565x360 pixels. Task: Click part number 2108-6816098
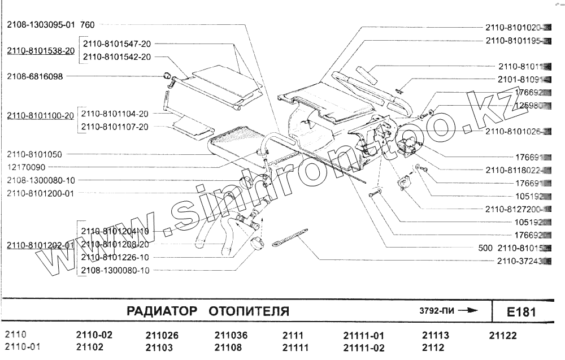pyautogui.click(x=35, y=76)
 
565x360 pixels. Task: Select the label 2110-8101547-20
pyautogui.click(x=117, y=44)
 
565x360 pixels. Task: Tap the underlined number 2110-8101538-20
pyautogui.click(x=41, y=51)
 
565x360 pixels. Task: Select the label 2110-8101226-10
pyautogui.click(x=115, y=257)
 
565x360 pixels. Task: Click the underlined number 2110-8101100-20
pyautogui.click(x=41, y=115)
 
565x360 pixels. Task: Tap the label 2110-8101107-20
pyautogui.click(x=115, y=127)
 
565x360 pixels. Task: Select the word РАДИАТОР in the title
pyautogui.click(x=162, y=311)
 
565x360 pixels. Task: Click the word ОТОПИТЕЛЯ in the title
pyautogui.click(x=249, y=311)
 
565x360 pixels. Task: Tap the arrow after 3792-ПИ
pyautogui.click(x=468, y=310)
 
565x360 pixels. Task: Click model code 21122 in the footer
pyautogui.click(x=502, y=336)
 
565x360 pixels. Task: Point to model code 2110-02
pyautogui.click(x=94, y=335)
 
